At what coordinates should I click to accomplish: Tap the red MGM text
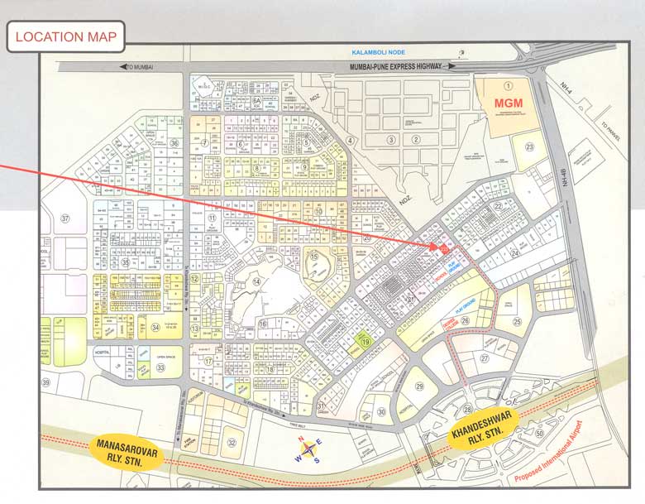pyautogui.click(x=509, y=103)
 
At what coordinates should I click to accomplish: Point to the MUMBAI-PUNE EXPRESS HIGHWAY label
pyautogui.click(x=395, y=66)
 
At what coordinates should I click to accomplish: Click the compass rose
pyautogui.click(x=310, y=451)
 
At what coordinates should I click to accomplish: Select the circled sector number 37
pyautogui.click(x=65, y=218)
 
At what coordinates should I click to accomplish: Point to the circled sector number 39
pyautogui.click(x=46, y=382)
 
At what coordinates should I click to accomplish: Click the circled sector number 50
pyautogui.click(x=539, y=433)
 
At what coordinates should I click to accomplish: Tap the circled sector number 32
pyautogui.click(x=232, y=443)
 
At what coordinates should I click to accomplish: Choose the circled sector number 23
pyautogui.click(x=529, y=146)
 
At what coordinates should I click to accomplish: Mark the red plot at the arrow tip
pyautogui.click(x=444, y=247)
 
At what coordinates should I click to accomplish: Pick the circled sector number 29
pyautogui.click(x=419, y=386)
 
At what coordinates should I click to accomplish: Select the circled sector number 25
pyautogui.click(x=517, y=321)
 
